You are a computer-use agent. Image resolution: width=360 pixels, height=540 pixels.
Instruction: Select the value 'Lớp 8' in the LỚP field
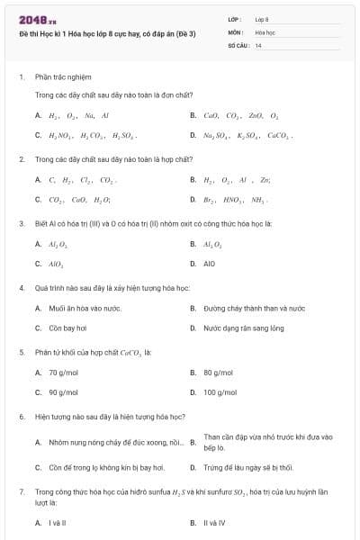tap(262, 18)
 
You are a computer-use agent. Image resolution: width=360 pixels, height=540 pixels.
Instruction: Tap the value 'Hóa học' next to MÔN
tap(265, 31)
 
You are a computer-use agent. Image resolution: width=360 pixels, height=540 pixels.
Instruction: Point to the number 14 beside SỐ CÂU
tap(258, 45)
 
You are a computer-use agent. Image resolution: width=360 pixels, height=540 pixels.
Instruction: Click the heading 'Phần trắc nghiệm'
tap(63, 77)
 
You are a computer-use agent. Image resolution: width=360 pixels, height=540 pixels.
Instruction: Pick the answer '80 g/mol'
tap(218, 373)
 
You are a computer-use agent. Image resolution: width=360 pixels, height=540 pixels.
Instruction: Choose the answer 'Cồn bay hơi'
tap(67, 328)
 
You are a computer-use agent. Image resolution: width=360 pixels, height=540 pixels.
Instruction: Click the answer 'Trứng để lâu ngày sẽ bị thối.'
tap(248, 468)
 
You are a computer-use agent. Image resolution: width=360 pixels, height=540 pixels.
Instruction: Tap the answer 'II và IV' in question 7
tap(214, 523)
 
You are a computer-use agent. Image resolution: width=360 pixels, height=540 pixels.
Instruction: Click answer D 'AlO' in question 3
tap(209, 265)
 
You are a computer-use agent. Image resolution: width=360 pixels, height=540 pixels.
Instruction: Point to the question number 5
tap(21, 353)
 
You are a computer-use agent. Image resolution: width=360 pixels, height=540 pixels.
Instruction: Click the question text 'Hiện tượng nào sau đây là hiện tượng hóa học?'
tap(110, 418)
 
